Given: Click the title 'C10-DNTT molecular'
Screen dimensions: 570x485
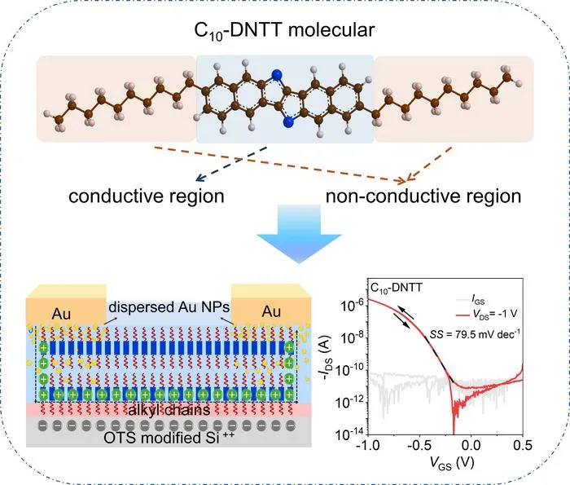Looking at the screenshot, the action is (x=284, y=30).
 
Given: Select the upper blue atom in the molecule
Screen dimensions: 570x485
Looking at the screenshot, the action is (x=277, y=75).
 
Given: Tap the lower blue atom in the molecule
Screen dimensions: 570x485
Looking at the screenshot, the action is (x=289, y=122).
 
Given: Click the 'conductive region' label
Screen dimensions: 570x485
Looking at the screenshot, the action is (x=146, y=196).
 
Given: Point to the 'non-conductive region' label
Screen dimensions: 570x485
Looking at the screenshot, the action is (x=423, y=196).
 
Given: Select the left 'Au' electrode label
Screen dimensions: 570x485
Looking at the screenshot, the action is (x=61, y=314).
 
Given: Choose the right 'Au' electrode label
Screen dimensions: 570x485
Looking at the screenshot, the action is (x=271, y=311).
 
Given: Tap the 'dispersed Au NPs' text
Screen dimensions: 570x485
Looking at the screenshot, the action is (x=169, y=307).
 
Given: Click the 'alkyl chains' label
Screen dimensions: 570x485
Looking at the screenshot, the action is (x=169, y=410).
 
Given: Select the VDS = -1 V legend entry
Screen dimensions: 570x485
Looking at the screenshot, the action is (x=486, y=314).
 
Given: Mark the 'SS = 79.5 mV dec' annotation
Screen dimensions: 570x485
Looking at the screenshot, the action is (x=475, y=333).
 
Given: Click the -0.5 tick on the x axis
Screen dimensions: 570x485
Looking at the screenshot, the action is (x=419, y=445).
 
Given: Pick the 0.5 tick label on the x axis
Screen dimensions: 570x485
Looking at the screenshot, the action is (x=522, y=445).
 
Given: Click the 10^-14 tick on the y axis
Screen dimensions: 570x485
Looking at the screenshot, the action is (x=349, y=434).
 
